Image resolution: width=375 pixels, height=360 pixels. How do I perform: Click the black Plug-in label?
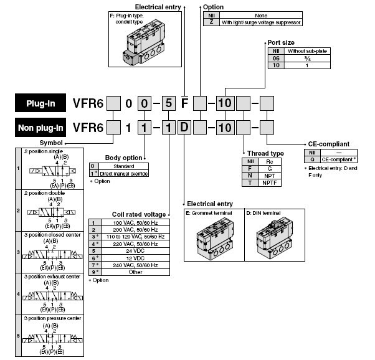coord(42,103)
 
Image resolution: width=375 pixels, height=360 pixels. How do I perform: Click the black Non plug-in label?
coord(42,128)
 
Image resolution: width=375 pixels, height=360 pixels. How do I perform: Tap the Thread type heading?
coord(265,153)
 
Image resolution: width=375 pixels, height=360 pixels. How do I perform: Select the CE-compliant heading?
coord(333,143)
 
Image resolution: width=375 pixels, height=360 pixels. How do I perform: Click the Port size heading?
coord(281,42)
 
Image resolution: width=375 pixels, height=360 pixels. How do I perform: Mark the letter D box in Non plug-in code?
coord(184,128)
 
